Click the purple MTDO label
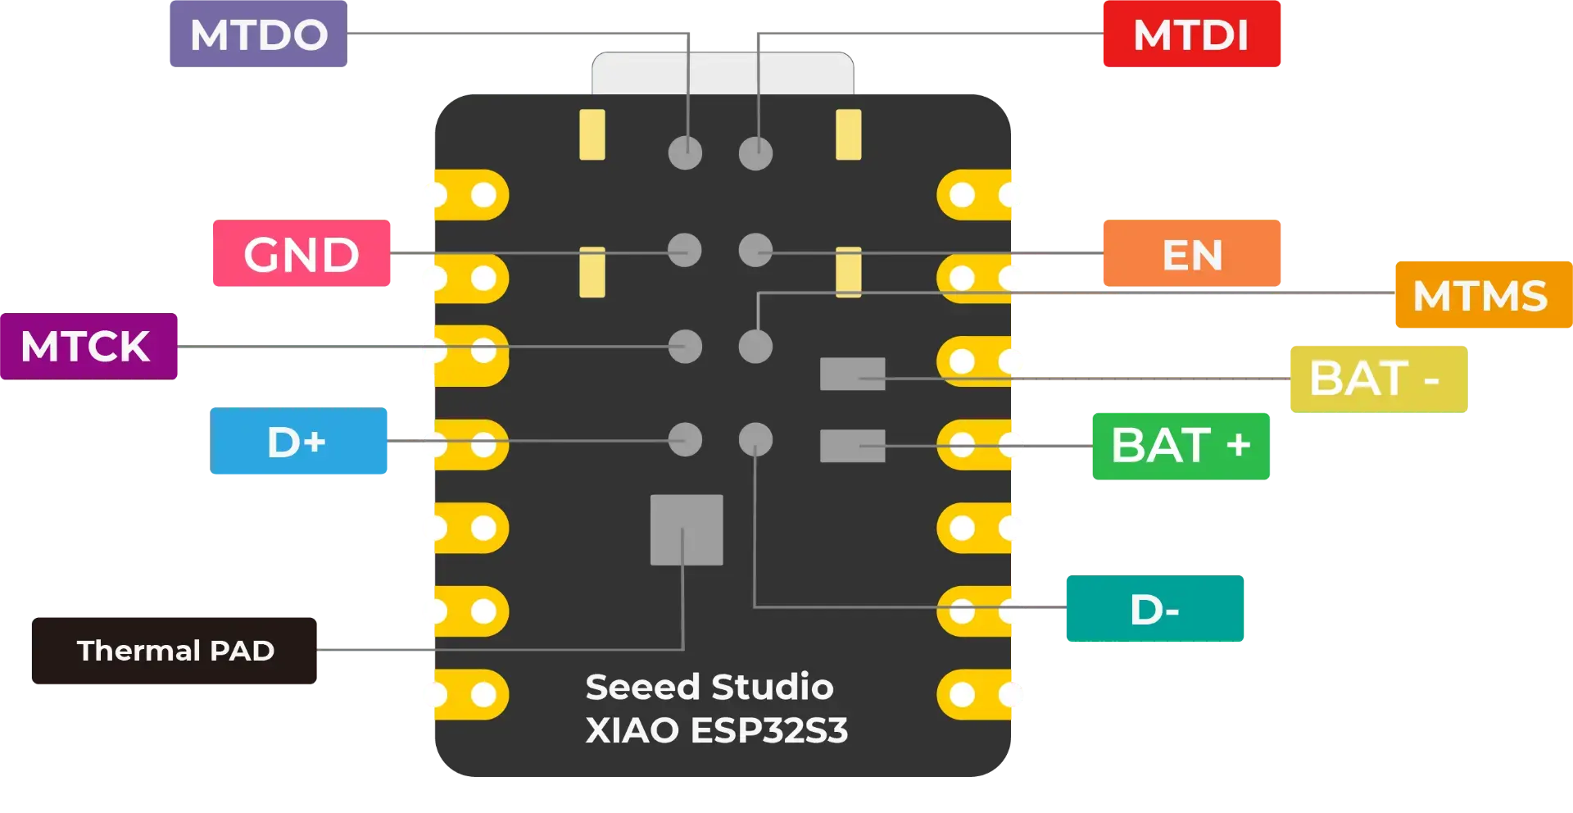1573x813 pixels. pos(259,35)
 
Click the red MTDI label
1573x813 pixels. pos(1190,35)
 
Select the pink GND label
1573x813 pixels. pos(301,254)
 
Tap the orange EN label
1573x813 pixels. pos(1191,254)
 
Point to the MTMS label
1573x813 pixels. pos(1480,296)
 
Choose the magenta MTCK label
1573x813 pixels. pos(86,346)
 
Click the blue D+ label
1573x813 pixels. pos(297,443)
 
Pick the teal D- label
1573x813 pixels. pos(1154,610)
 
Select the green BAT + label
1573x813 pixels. pos(1180,445)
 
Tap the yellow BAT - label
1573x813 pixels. pos(1375,378)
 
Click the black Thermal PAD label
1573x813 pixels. pos(175,651)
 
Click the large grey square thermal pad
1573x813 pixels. pos(687,529)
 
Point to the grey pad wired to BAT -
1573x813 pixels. pos(852,374)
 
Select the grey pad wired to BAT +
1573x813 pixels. pos(852,446)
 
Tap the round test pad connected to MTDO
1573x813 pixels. pos(685,153)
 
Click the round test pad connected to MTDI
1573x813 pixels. pos(755,153)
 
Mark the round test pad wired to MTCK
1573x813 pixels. pos(685,347)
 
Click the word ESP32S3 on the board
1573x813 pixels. pos(769,730)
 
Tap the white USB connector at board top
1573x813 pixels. pos(723,74)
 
